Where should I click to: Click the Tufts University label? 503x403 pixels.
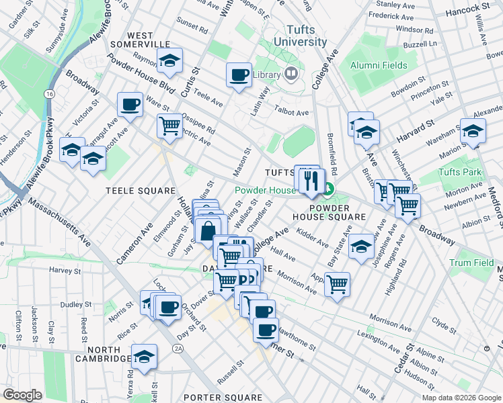point(306,36)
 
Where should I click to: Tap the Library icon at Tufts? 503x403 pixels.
point(292,74)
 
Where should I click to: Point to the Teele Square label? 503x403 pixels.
point(140,191)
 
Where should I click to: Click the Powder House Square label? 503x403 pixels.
point(329,212)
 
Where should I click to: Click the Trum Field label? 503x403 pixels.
point(471,263)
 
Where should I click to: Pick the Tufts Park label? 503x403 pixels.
point(460,173)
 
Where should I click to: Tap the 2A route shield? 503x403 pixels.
point(178,348)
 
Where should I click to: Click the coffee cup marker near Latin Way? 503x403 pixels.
point(238,75)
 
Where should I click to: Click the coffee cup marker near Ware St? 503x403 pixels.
point(130,105)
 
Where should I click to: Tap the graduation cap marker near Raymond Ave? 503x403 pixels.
point(171,62)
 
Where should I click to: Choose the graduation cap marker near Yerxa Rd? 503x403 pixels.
point(144,357)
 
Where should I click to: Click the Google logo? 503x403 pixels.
point(23,395)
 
